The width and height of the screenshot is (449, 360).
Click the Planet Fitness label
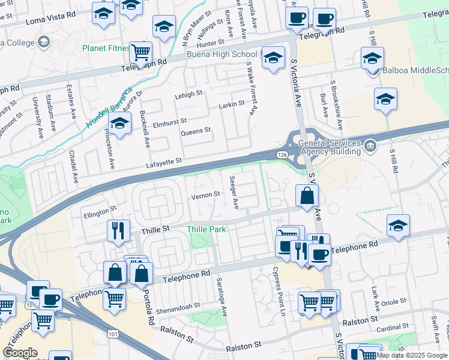(x=106, y=48)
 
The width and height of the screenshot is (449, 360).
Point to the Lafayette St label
(x=163, y=162)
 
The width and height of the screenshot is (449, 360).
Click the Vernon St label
(x=205, y=195)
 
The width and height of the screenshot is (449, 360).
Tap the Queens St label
(x=196, y=130)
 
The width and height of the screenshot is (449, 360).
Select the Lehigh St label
(x=188, y=94)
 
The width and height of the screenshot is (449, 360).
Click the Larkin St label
(x=232, y=104)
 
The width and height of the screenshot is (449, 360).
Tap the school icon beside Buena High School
(x=273, y=58)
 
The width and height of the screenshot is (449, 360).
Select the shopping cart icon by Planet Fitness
(x=140, y=52)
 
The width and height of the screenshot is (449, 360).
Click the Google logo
(x=20, y=353)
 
